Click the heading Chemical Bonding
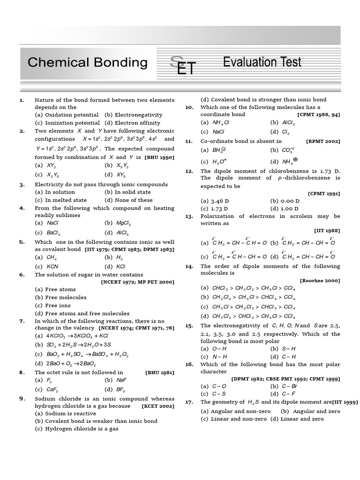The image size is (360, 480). coord(88,62)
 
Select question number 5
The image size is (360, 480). coord(22,242)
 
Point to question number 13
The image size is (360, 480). coord(189,216)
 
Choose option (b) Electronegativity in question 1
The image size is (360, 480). coord(133,115)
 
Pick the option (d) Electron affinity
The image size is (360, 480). coord(133,123)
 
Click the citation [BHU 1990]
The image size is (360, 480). coord(159,157)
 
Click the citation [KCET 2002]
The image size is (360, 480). coord(157,405)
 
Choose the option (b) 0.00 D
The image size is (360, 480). coord(284,201)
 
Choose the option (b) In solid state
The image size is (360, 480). coord(127,192)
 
